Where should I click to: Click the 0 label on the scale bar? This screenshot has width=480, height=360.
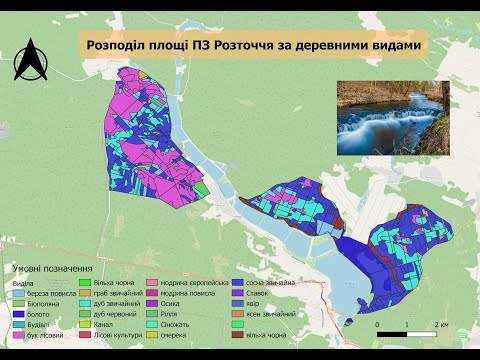[377, 325]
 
